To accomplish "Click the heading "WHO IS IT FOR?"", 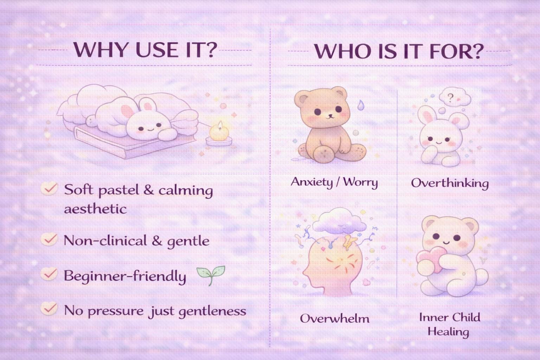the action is tap(399, 51).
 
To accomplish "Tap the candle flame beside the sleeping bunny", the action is tap(220, 126).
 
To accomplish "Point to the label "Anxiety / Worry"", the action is tap(334, 182).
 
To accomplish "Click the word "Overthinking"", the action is tap(450, 183).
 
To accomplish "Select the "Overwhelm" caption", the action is tap(335, 319).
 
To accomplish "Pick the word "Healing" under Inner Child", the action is tap(448, 332).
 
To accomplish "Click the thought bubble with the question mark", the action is tap(455, 97).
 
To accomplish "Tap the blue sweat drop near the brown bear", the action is tap(361, 105).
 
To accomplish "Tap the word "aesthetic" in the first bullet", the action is tap(95, 209).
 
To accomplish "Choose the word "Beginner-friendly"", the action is tap(125, 276).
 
